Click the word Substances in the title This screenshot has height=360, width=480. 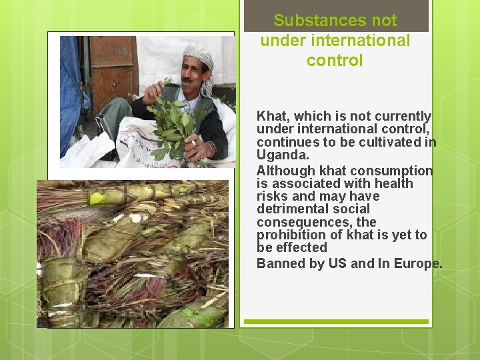[311, 21]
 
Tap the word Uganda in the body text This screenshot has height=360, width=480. [283, 155]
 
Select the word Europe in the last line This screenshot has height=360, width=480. [418, 263]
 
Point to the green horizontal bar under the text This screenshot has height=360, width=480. [335, 321]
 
